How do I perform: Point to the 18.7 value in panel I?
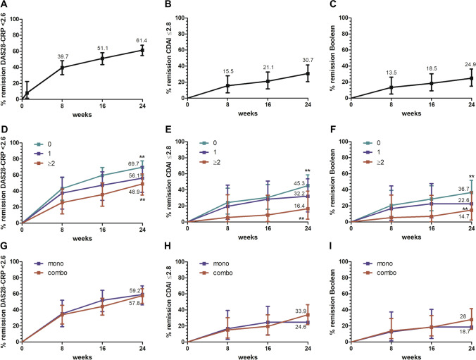tap(460, 331)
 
